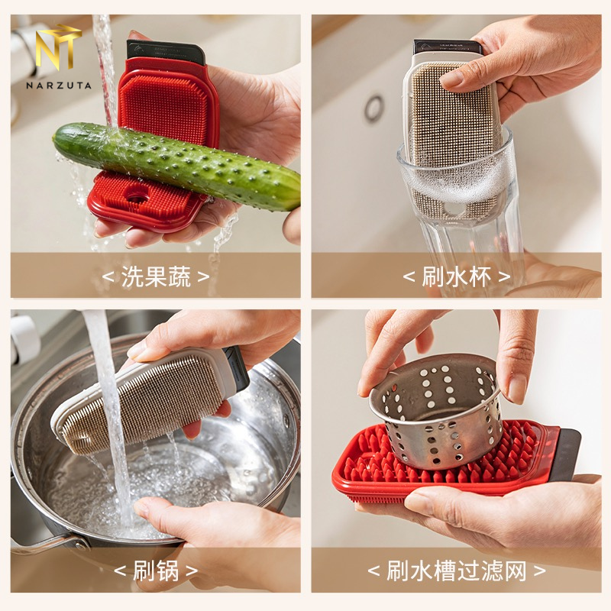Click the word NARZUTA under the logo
tap(59, 85)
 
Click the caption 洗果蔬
tap(156, 276)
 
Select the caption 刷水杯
tap(456, 276)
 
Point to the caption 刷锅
tap(156, 571)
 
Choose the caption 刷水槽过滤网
tap(456, 571)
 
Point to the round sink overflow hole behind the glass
tap(374, 108)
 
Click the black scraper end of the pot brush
tap(236, 368)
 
